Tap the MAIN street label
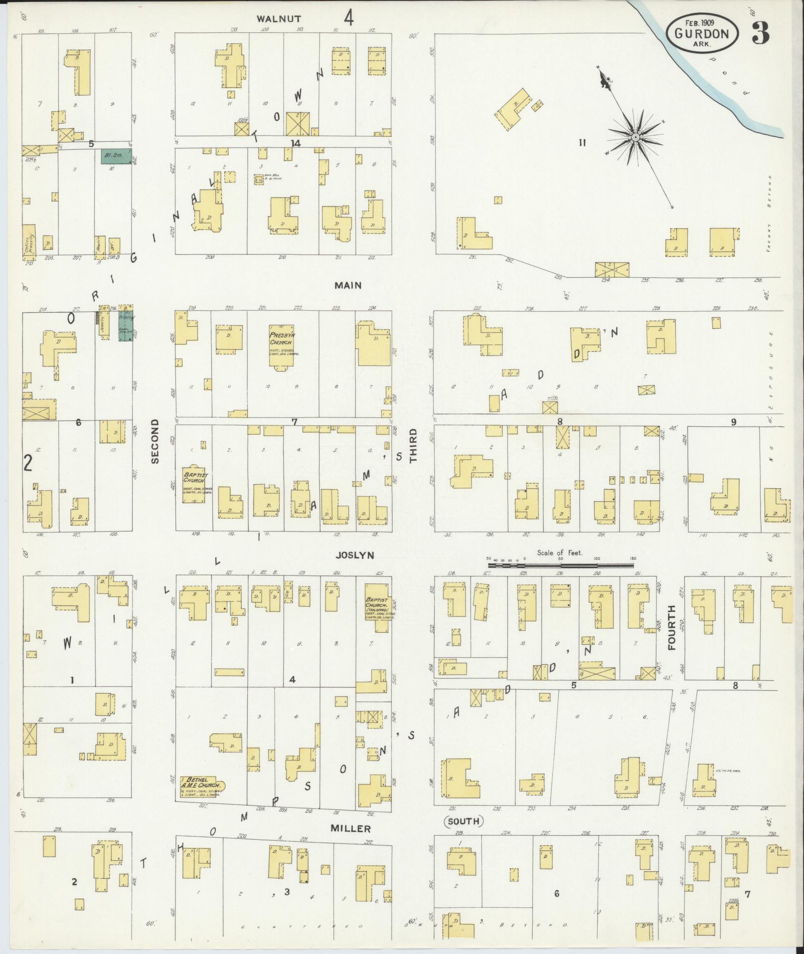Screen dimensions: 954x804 [348, 286]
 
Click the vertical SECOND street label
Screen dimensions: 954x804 [155, 441]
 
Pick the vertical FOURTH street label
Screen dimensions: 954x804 [671, 627]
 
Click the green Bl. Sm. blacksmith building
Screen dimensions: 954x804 [116, 156]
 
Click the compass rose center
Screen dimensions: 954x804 [636, 137]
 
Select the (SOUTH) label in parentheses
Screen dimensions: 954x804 [463, 821]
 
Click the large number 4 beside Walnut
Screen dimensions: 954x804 [349, 17]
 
